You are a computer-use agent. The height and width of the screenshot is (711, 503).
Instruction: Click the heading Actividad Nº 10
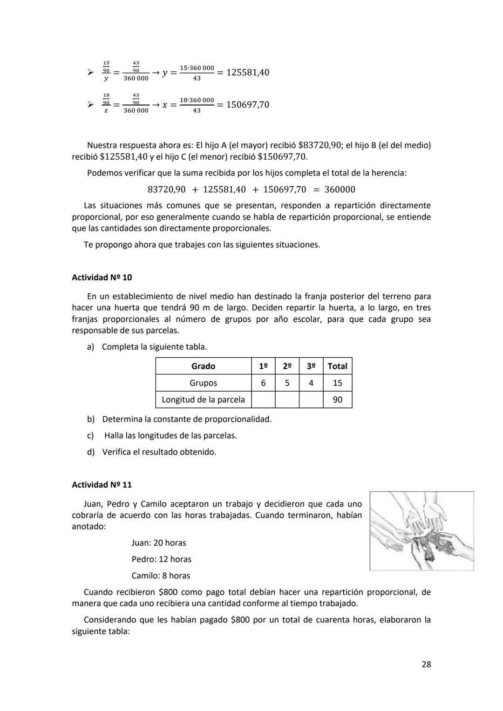coord(102,278)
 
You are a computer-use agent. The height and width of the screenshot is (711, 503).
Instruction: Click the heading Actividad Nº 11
coord(102,485)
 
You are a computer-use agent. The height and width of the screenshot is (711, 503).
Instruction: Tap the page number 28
coord(426,664)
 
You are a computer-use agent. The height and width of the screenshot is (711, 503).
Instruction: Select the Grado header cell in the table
coord(203,366)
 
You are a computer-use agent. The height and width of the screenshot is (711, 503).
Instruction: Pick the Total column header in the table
coord(337,366)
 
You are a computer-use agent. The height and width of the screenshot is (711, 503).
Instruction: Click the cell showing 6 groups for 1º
coord(263,383)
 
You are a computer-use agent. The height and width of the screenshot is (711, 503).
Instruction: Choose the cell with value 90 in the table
coord(337,400)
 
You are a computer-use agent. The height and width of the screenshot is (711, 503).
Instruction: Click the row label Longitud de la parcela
coord(203,400)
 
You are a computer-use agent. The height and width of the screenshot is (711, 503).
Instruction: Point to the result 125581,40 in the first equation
coord(248,73)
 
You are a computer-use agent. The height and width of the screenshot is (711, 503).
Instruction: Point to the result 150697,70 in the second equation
coord(248,105)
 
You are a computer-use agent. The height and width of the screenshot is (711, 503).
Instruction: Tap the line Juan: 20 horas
coord(158,543)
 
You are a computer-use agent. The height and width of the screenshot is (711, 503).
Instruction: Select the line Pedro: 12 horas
coord(161,559)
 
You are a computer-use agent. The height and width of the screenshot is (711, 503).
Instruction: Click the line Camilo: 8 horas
coord(161,576)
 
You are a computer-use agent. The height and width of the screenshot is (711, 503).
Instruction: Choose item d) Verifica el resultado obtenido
coord(152,452)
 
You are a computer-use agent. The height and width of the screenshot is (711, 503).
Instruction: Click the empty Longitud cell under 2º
coord(287,400)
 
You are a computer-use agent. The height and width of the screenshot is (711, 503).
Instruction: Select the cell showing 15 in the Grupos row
coord(337,383)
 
